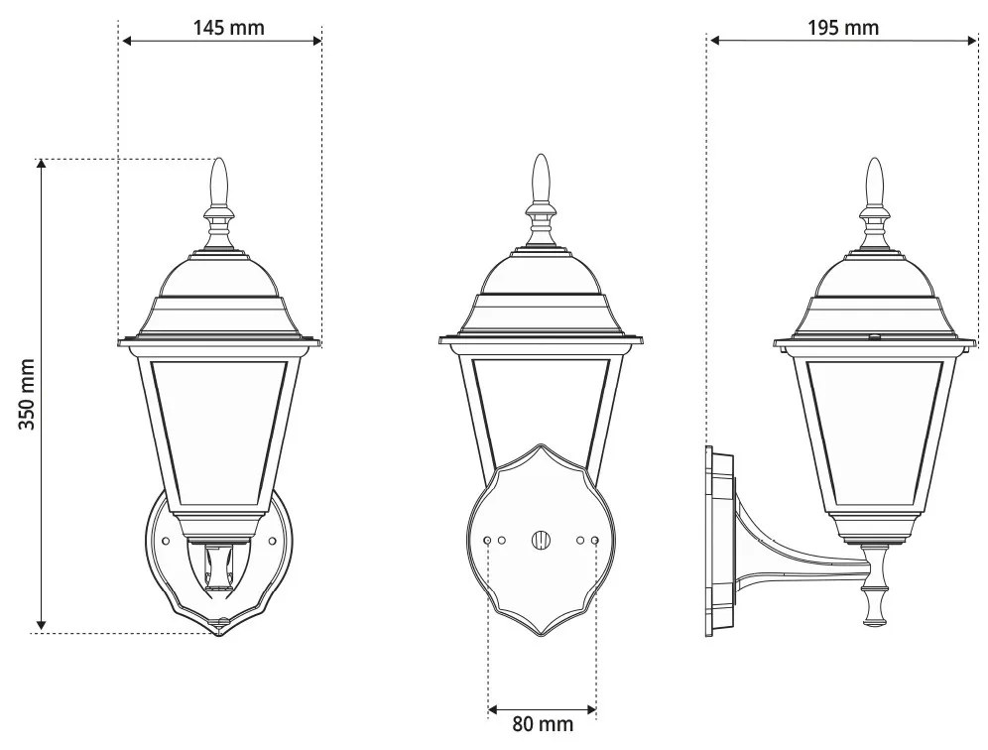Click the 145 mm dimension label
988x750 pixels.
228,27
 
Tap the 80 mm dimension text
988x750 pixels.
543,723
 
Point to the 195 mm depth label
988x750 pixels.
842,27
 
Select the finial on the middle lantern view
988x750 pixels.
541,179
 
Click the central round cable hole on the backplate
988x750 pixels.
541,540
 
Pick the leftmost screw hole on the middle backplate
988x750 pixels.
488,540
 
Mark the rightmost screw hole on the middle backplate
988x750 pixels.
595,540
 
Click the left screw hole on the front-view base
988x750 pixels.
166,540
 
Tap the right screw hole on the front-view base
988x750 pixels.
273,540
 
